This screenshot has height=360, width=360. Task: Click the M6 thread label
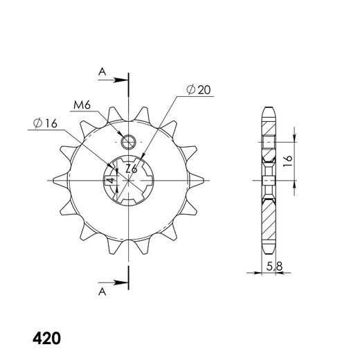(82, 105)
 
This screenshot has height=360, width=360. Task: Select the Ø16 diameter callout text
(45, 123)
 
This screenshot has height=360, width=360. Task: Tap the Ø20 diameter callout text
(199, 90)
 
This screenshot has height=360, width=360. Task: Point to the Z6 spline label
(132, 170)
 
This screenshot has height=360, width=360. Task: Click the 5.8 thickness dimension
(274, 267)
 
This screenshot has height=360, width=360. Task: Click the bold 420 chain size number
(47, 339)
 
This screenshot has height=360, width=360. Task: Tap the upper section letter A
(102, 72)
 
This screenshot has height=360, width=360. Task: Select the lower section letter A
(102, 292)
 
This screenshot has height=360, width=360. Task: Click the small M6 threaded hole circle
(129, 142)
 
